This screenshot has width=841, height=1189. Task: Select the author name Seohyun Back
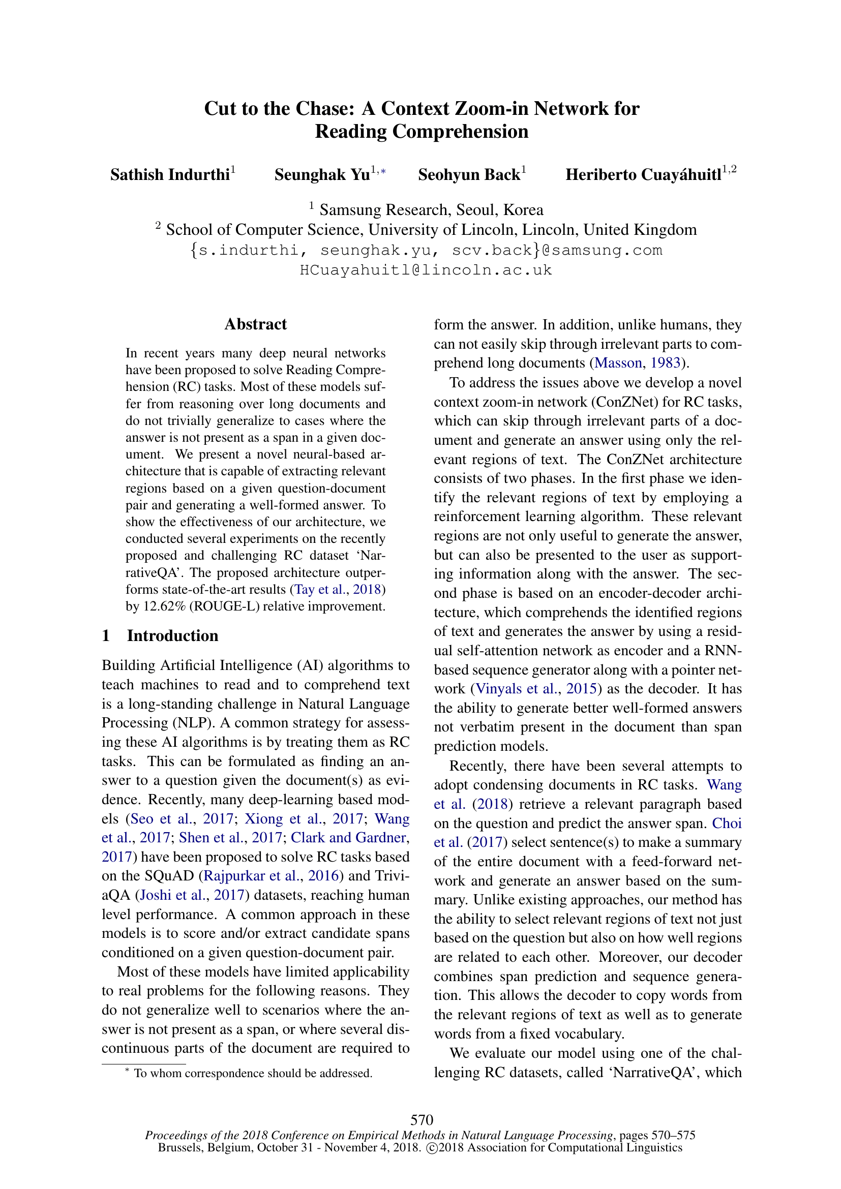coord(469,175)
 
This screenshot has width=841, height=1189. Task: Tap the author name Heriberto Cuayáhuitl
coord(643,175)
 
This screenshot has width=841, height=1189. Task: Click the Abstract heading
coord(255,324)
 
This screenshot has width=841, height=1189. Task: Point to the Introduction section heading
coord(172,635)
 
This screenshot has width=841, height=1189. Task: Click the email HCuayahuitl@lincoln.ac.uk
coord(426,270)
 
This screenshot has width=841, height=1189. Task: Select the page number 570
coord(422,1120)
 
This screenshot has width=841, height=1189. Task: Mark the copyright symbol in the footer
coord(431,1148)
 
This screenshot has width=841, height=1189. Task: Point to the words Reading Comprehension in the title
coord(422,132)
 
